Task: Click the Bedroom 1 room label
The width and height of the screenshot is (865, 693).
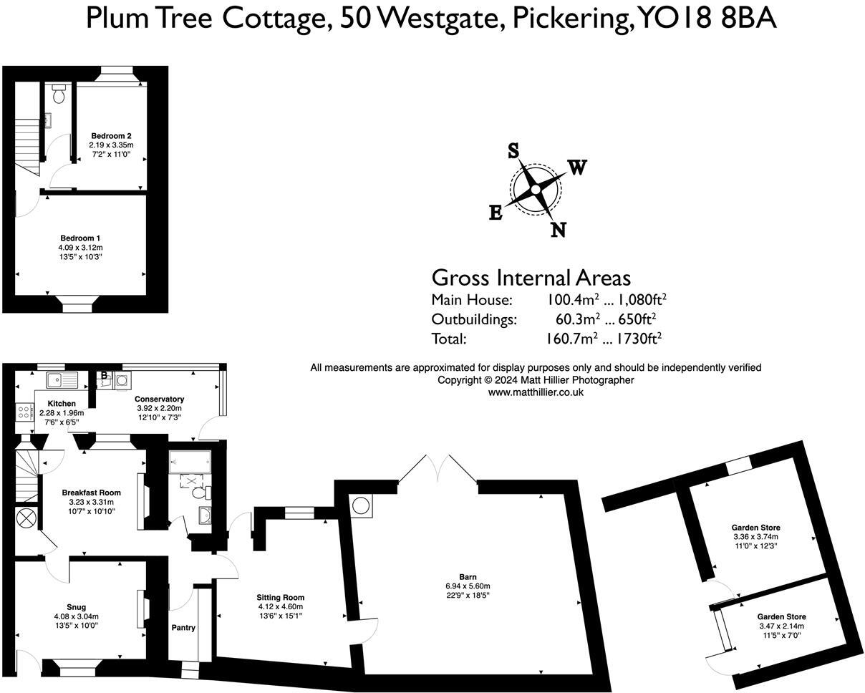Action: pos(80,238)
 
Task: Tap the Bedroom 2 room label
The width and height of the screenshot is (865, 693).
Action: pos(111,136)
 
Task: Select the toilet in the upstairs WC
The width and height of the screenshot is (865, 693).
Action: pos(59,93)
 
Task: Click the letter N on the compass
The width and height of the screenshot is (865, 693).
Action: pos(558,230)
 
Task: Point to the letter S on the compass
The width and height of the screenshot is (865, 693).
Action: pos(513,151)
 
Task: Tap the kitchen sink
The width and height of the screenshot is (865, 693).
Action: pos(62,380)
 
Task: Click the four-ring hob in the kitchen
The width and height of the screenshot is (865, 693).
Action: pos(24,412)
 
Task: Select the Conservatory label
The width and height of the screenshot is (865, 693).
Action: pos(159,399)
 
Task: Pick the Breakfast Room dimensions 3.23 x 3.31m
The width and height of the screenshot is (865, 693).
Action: pos(91,502)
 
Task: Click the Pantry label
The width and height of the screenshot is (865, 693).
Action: pos(183,627)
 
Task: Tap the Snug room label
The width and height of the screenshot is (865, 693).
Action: pos(77,607)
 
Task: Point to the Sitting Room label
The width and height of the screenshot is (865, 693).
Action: pos(281,597)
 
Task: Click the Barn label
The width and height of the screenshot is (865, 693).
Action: pos(468,577)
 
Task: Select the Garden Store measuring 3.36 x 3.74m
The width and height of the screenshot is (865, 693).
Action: pos(755,528)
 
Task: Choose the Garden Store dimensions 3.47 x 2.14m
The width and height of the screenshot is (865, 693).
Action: pos(781,626)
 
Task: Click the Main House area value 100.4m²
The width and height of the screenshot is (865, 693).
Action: pos(573,299)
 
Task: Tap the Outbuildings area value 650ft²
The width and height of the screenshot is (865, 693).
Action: pos(637,319)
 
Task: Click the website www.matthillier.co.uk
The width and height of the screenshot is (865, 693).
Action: pos(536,393)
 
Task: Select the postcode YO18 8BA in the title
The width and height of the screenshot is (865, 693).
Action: pos(707,19)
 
